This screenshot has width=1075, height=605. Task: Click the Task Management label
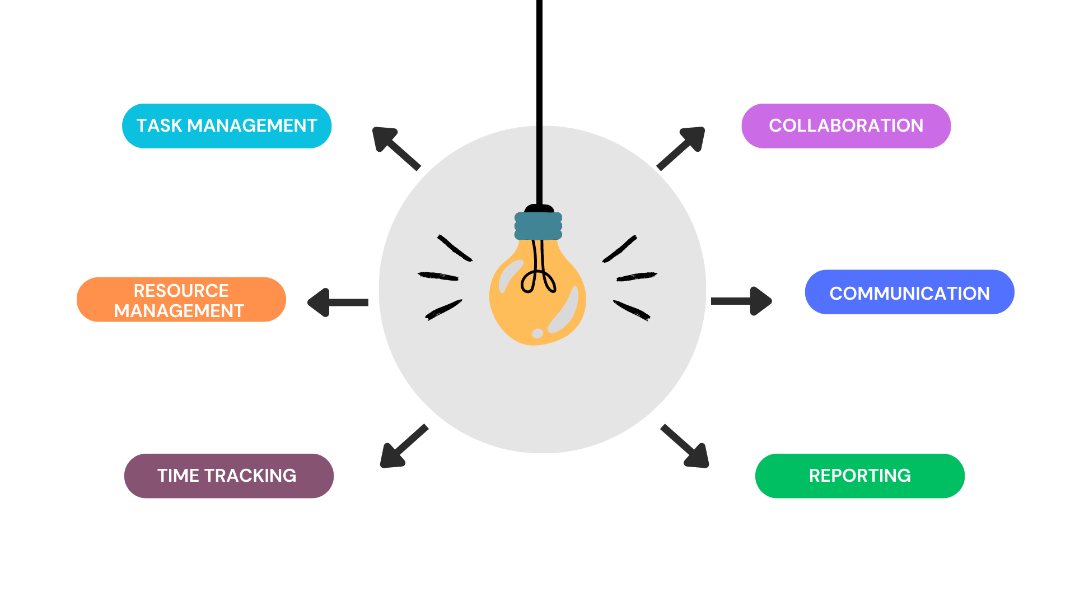pyautogui.click(x=227, y=125)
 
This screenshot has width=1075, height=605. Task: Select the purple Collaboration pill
pyautogui.click(x=845, y=125)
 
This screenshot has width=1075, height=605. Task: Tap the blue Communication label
pyautogui.click(x=909, y=292)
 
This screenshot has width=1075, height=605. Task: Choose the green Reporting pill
pyautogui.click(x=859, y=476)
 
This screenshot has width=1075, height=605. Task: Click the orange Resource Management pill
pyautogui.click(x=181, y=300)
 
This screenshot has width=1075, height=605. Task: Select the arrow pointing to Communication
pyautogui.click(x=742, y=301)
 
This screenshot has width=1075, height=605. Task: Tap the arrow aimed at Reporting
pyautogui.click(x=686, y=446)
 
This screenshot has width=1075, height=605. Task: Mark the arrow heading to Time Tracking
pyautogui.click(x=403, y=446)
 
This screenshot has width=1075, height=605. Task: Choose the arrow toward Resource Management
pyautogui.click(x=337, y=302)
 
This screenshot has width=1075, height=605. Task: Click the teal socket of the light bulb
pyautogui.click(x=538, y=226)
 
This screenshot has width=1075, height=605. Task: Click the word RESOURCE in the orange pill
pyautogui.click(x=181, y=291)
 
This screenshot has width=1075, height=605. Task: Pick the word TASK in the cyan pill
pyautogui.click(x=159, y=125)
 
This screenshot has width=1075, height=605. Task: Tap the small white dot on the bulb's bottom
pyautogui.click(x=537, y=333)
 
